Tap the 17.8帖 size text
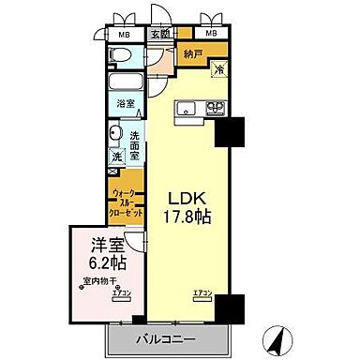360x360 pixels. [x=189, y=218]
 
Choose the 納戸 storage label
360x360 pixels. [x=194, y=54]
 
